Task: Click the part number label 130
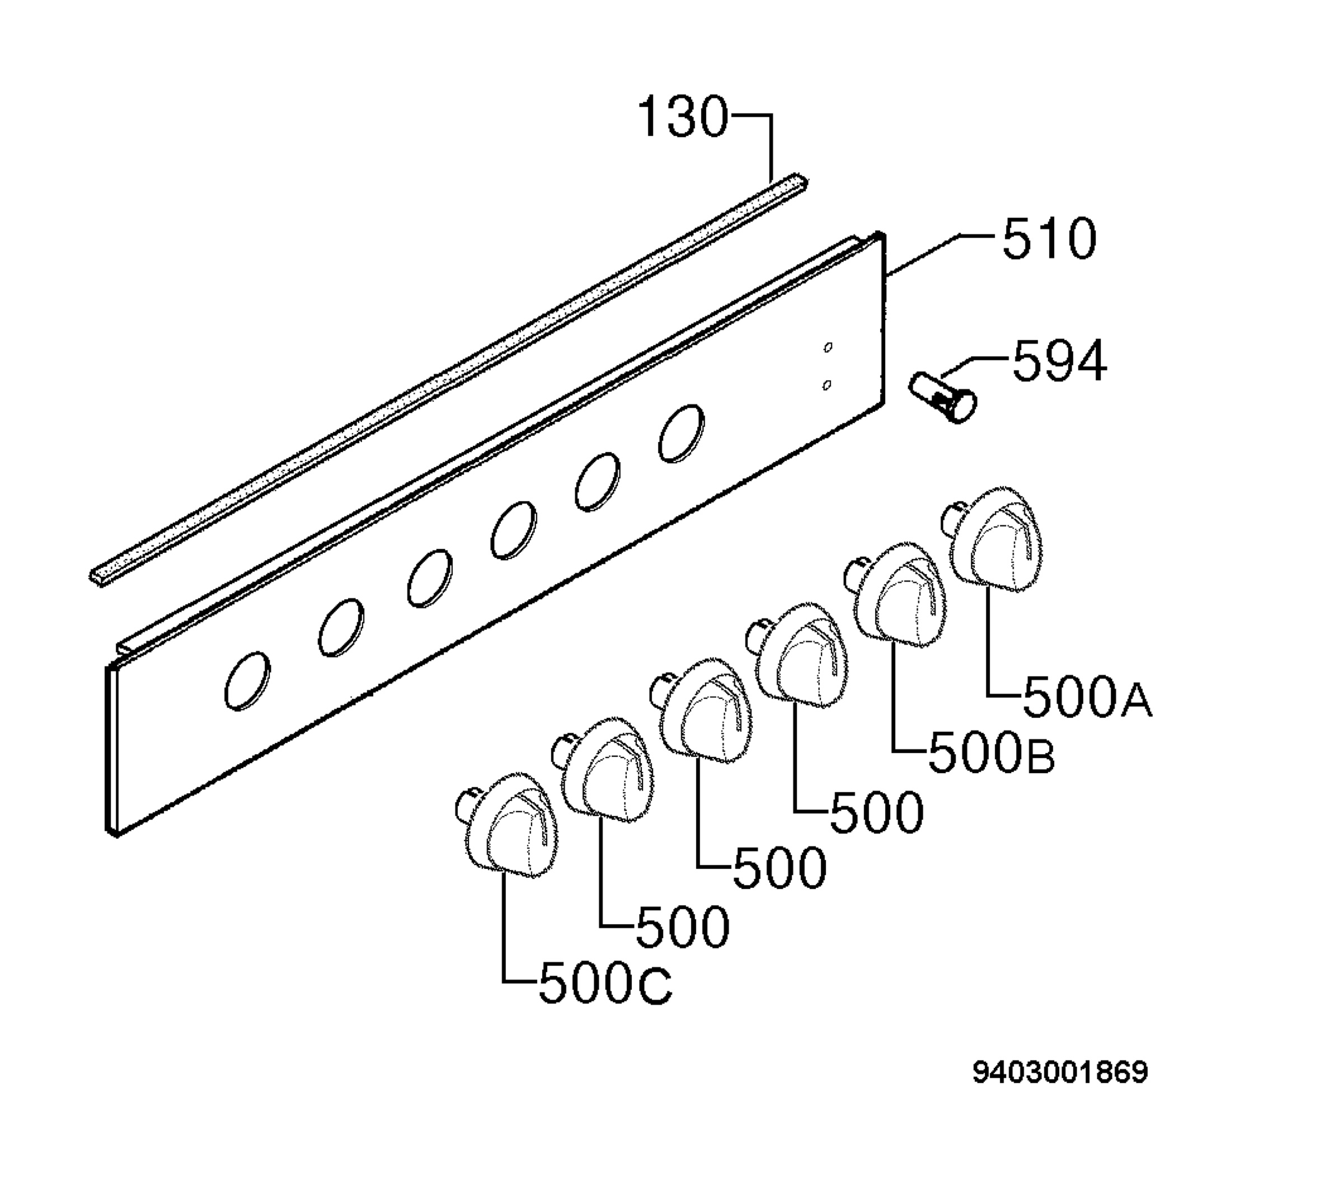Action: (684, 117)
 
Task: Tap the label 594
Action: (1059, 361)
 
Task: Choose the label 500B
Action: (991, 752)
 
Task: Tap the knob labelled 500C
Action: (506, 825)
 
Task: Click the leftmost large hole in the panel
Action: (247, 681)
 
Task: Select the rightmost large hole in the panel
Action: (682, 434)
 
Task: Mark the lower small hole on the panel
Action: (827, 385)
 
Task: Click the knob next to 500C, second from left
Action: (603, 769)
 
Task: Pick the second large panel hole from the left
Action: (341, 628)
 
